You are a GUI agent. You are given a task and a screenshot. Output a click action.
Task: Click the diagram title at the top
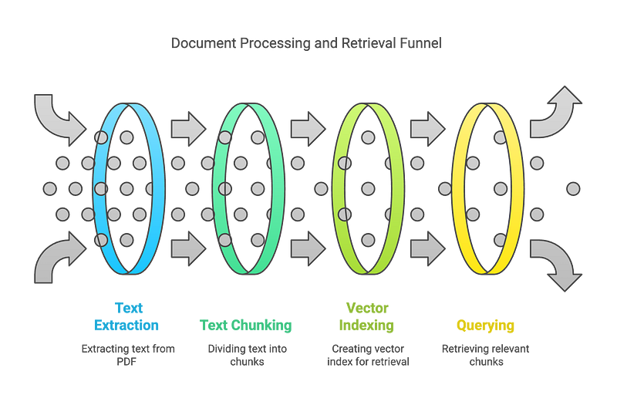coord(307,44)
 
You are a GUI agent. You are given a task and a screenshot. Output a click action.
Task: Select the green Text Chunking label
coord(245,326)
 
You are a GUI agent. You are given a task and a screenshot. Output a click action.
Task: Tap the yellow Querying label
coord(485,326)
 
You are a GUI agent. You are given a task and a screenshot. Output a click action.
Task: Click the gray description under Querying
coord(485,355)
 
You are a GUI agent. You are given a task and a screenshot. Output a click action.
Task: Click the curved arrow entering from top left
coord(58,116)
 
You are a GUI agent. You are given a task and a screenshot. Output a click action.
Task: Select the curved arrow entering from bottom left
coord(58,258)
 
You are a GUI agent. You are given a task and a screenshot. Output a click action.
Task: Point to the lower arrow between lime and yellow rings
coord(427,248)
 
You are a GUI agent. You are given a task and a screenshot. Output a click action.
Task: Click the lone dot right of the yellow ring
coord(572,188)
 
